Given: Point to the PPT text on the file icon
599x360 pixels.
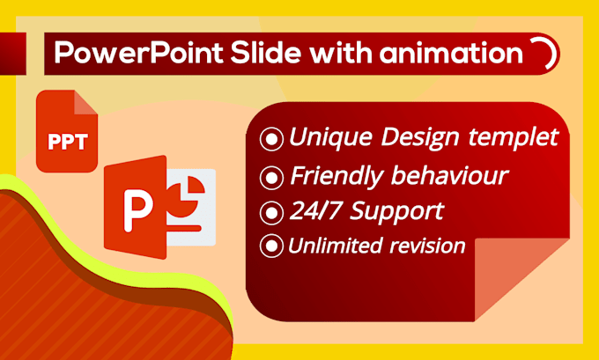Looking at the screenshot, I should coord(68,142).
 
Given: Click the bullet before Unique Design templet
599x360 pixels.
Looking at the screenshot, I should coord(272,138).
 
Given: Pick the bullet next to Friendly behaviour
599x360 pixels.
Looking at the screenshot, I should coord(272,177).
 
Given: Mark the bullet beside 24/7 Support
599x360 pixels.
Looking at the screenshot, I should coord(272,212).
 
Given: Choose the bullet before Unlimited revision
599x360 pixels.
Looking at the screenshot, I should coord(272,246).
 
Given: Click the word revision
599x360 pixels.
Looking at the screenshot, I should coord(429,246).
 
